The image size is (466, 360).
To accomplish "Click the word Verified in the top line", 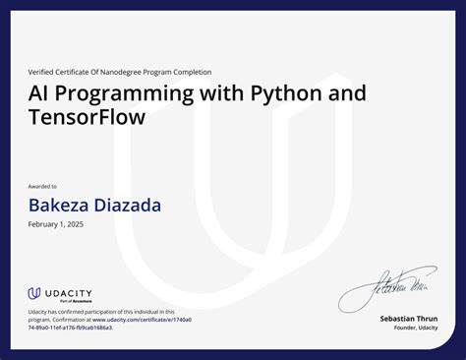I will click(40, 72).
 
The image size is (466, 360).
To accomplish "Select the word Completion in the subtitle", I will click(192, 72).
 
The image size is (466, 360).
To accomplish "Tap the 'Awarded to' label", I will click(42, 186).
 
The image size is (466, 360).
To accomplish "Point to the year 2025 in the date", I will click(74, 225).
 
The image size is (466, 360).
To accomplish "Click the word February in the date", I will click(43, 225).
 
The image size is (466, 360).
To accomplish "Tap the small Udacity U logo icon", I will click(33, 293).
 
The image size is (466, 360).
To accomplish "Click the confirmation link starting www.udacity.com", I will click(142, 320).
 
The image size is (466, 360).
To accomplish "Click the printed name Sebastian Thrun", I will click(409, 319).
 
